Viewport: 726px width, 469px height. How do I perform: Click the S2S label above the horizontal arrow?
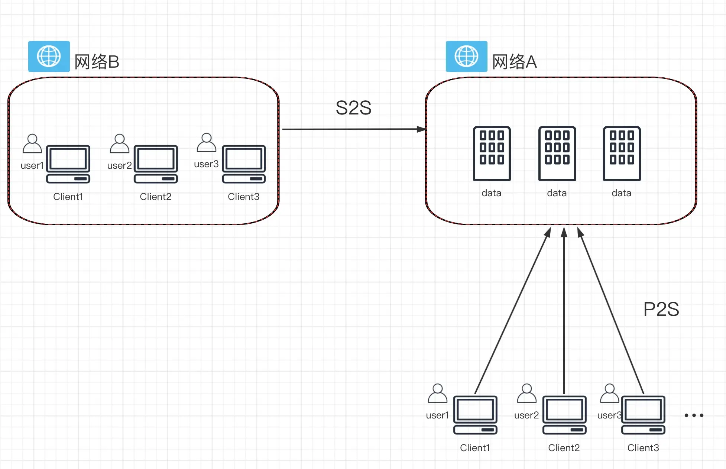[x=353, y=108]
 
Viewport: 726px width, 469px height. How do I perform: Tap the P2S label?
[x=661, y=309]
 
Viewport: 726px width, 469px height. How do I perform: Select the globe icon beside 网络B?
[x=49, y=56]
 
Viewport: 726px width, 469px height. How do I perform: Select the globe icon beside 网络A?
[x=466, y=56]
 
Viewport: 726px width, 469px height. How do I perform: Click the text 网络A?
[x=514, y=62]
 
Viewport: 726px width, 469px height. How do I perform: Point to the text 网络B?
[x=97, y=62]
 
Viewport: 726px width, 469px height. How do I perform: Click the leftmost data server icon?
[x=492, y=153]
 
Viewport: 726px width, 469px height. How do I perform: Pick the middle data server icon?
[x=557, y=153]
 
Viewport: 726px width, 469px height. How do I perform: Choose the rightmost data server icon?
[x=622, y=153]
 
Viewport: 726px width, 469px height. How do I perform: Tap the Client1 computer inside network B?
[x=68, y=164]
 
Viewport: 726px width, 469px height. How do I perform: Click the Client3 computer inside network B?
[x=244, y=164]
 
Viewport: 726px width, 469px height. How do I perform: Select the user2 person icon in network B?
[x=119, y=143]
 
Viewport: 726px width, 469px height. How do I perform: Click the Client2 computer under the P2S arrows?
[x=564, y=415]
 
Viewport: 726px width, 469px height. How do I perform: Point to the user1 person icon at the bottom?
[x=437, y=394]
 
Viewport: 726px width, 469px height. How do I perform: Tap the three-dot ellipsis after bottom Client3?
[x=694, y=415]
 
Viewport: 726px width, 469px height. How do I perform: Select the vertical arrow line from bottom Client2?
[x=564, y=316]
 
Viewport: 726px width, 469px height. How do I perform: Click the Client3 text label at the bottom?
[x=643, y=448]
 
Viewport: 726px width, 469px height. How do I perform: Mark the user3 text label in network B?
[x=206, y=164]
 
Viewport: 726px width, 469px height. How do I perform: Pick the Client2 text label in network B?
[x=155, y=197]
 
